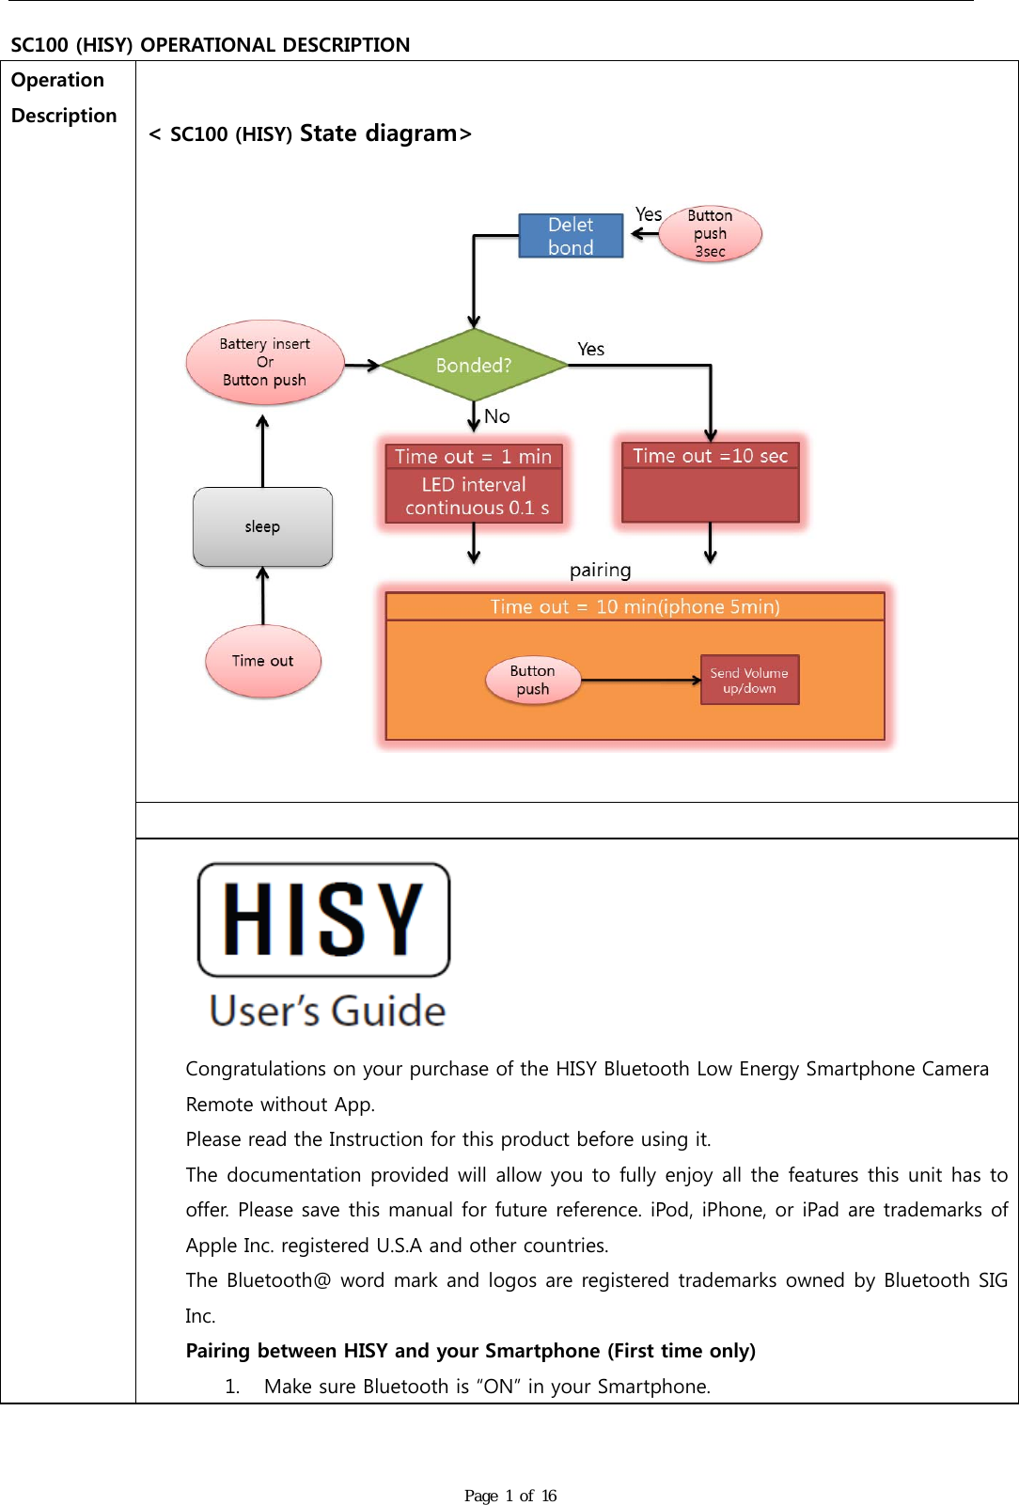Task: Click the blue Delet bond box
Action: (571, 235)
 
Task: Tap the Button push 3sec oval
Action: (710, 234)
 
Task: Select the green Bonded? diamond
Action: (474, 365)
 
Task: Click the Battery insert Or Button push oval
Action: (264, 362)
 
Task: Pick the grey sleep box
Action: (262, 526)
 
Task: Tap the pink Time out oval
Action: (262, 661)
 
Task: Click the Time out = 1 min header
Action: (473, 456)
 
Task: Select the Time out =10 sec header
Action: (710, 455)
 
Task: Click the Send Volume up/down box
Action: (749, 680)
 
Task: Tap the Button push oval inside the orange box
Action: (532, 680)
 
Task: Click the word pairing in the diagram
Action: (600, 570)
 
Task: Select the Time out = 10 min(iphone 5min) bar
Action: (635, 606)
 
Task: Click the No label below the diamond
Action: (497, 415)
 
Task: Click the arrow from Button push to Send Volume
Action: (639, 680)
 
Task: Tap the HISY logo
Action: (323, 919)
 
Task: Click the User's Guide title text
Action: (327, 1011)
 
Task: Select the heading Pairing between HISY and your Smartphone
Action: (470, 1351)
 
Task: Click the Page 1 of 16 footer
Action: (509, 1496)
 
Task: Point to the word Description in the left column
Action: (64, 116)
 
